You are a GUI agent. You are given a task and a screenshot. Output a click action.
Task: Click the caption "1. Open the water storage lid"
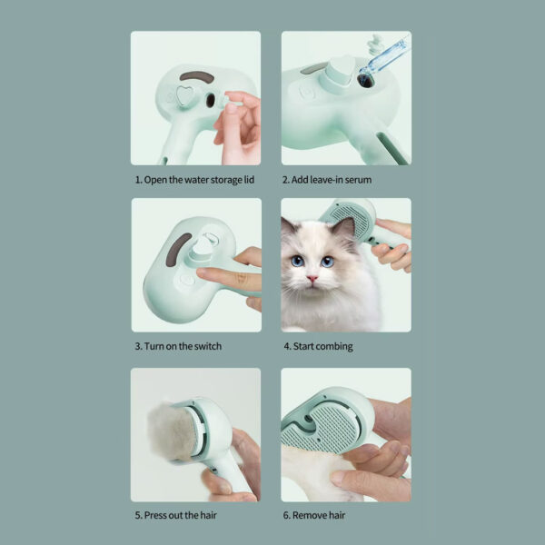coord(194,180)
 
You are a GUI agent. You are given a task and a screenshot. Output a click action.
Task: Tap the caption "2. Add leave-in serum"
coord(327,180)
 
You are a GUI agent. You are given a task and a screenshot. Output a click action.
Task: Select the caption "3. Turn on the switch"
coord(178,346)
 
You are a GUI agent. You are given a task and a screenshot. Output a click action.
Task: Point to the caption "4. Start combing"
coord(318,346)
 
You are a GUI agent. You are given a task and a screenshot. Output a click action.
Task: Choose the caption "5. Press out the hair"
coord(175,515)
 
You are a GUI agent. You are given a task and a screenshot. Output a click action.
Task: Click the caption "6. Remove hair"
coord(314,515)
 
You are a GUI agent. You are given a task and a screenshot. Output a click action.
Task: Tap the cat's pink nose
coord(312,279)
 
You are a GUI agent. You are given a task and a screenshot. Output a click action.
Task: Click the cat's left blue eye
coord(297,261)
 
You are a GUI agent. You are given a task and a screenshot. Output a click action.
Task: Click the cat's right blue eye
coord(327,262)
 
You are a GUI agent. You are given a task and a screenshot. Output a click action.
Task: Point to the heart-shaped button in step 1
coord(185,95)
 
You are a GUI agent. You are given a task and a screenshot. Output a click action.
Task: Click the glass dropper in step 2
coord(384,57)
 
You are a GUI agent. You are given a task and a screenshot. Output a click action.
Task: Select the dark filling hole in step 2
coord(366,81)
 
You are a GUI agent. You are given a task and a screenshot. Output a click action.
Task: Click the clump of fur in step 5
coord(172,432)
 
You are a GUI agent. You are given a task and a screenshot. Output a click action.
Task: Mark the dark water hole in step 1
coord(211,101)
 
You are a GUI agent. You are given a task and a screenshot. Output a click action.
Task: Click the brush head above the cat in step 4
coord(350,218)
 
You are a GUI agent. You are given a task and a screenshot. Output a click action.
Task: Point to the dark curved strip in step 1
coord(197,76)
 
